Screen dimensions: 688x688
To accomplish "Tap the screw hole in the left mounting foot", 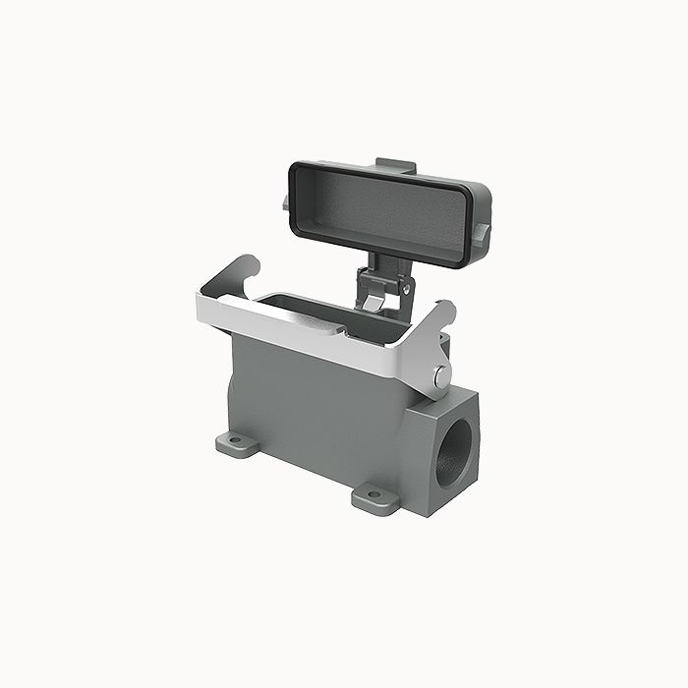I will (x=235, y=440).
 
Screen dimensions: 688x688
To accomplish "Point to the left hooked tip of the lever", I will (x=247, y=262).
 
